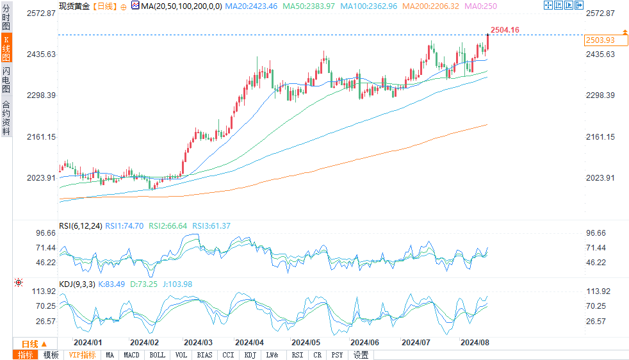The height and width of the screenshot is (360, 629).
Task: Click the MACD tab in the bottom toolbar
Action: coord(131,355)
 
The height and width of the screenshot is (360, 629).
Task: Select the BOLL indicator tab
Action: coord(157,355)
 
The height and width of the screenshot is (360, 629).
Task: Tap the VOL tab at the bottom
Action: coord(181,355)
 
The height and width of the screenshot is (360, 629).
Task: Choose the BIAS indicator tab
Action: coord(205,355)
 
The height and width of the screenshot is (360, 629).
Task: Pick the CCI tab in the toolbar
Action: coord(228,355)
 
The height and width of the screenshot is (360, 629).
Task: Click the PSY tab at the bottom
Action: coord(337,355)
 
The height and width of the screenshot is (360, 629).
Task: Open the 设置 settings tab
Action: coord(361,355)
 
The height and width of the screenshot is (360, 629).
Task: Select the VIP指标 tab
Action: coord(82,355)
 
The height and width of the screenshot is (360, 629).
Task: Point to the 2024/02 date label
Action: coord(143,343)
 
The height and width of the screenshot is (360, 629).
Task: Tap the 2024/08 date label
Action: coord(475,343)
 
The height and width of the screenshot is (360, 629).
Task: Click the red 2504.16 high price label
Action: coord(504,30)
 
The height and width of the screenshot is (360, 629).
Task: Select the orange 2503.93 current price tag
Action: coord(600,40)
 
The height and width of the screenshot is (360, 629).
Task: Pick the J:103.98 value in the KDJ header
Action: coord(178,284)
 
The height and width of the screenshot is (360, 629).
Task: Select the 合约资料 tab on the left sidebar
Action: coord(6,118)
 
